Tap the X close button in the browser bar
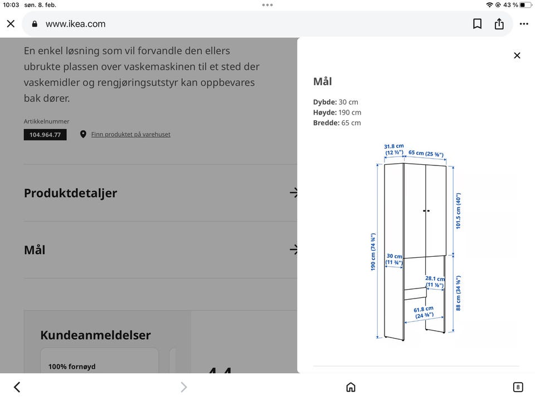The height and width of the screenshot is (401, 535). [11, 24]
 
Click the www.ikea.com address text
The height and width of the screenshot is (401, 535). [75, 24]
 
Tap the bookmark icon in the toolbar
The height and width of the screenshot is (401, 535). [477, 24]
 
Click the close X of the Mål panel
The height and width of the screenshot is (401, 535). [517, 55]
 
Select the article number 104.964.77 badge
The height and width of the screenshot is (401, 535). [45, 135]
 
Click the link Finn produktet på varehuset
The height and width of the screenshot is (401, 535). [130, 134]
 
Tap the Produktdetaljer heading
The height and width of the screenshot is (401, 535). [70, 193]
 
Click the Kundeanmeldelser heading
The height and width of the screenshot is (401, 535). [95, 335]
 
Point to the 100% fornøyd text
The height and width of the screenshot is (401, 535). [72, 366]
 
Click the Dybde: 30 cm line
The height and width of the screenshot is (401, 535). [335, 102]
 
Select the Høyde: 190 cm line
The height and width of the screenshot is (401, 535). [337, 113]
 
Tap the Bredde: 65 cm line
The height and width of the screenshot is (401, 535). [337, 123]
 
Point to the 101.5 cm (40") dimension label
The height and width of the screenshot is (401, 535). [459, 211]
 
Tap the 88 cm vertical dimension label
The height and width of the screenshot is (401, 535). [459, 293]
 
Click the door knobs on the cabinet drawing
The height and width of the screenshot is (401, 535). [426, 211]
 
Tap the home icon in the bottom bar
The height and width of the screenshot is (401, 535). [351, 387]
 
